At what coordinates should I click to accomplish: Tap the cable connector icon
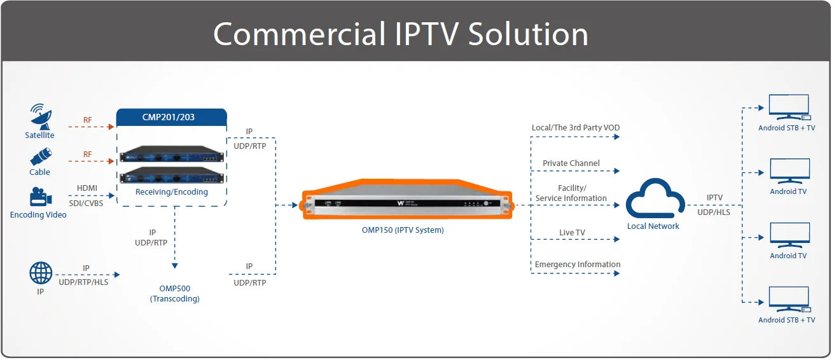[40, 156]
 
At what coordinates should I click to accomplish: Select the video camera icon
[39, 197]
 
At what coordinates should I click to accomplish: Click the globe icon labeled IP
[41, 273]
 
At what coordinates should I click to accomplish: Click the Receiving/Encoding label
[172, 192]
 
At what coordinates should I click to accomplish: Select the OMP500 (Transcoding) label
[174, 293]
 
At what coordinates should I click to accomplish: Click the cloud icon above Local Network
[653, 200]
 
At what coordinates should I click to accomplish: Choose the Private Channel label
[571, 163]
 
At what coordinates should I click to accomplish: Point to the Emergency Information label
[577, 265]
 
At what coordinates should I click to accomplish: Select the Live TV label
[572, 233]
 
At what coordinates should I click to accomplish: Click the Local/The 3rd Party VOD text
[575, 128]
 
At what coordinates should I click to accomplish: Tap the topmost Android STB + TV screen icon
[789, 107]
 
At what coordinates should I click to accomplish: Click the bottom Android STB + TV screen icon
[789, 300]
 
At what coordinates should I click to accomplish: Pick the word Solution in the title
[529, 34]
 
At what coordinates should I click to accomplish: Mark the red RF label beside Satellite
[87, 120]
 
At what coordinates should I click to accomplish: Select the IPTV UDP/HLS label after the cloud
[714, 205]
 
